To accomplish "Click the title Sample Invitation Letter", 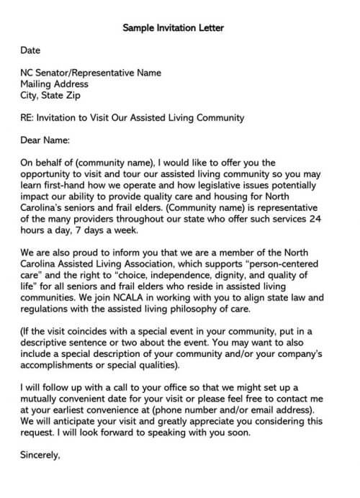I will tap(174, 28).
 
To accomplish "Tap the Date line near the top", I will tap(30, 50).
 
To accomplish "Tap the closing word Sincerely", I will tap(40, 455).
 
